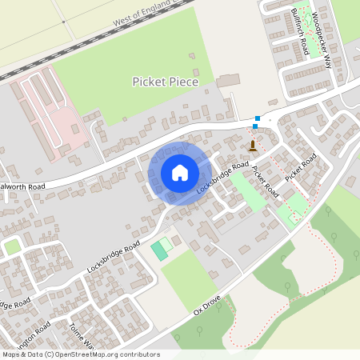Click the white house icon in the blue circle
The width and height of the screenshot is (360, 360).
click(x=180, y=173)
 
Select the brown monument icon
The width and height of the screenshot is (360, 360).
click(x=254, y=145)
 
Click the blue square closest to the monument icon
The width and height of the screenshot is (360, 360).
click(x=255, y=126)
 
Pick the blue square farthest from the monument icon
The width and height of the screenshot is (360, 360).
click(x=258, y=118)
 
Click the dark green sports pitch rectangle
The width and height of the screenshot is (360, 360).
click(x=160, y=250)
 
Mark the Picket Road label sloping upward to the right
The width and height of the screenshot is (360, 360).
click(x=302, y=166)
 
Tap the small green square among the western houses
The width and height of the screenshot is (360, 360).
click(x=12, y=247)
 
